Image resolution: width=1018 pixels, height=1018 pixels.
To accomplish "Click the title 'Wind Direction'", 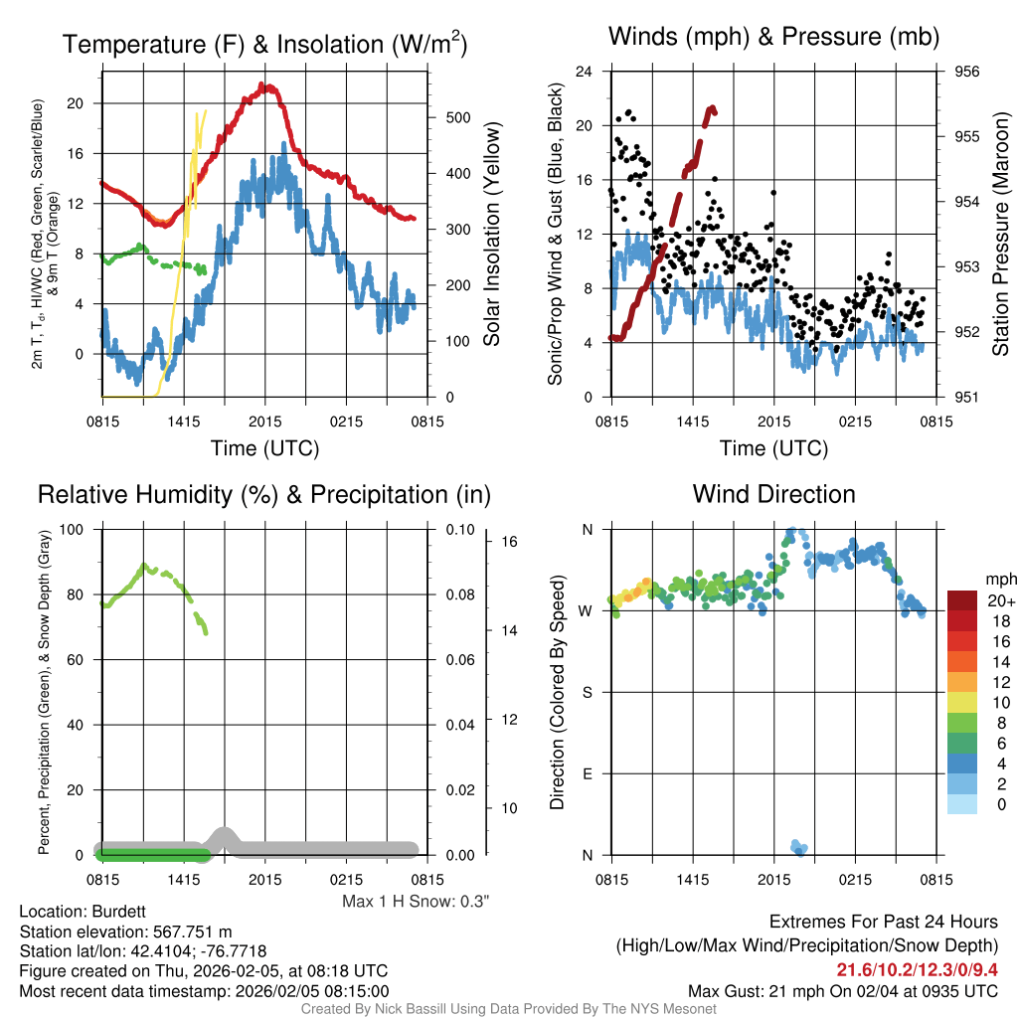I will pos(773,494).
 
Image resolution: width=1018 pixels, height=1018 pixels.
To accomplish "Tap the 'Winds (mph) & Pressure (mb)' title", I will pos(773,38).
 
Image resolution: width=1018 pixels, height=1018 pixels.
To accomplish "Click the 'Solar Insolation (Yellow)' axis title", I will pos(491,234).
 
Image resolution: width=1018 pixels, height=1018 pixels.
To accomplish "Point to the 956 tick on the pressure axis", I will pos(967,72).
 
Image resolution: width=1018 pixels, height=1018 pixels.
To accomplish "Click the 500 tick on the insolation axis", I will pos(457,117).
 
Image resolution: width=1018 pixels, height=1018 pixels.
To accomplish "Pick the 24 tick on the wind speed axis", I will pos(585,72).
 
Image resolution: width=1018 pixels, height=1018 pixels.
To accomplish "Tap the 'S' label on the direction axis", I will pos(587,692).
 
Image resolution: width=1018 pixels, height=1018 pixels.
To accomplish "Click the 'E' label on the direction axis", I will pos(587,773).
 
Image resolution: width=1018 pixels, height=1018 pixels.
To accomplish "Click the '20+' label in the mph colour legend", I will pos(1001,601).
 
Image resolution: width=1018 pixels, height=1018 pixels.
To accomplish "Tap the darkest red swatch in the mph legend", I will pos(963,600).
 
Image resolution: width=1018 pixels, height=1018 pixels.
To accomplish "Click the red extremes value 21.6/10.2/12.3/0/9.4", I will pos(917,970).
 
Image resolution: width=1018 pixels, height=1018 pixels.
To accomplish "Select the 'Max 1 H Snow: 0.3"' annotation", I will pos(416,901).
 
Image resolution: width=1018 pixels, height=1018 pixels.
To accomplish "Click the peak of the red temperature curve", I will pos(265,86).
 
